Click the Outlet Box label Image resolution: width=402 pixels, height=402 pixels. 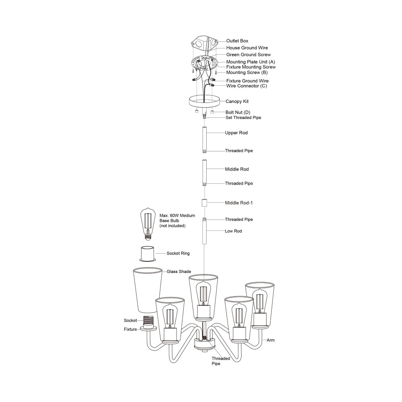[x=237, y=41]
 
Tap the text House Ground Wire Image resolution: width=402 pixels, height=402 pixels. [x=247, y=48]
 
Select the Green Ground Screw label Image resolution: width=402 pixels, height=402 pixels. [x=248, y=55]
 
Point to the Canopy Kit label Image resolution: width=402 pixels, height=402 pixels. [x=237, y=102]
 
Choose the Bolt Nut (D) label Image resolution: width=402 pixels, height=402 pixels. [x=238, y=112]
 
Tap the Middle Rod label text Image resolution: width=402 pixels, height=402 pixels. [x=237, y=169]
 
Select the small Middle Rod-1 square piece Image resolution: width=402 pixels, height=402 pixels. [x=204, y=203]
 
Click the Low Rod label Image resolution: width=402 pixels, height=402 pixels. [x=233, y=231]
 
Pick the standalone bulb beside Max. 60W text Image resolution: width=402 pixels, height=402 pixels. [x=148, y=224]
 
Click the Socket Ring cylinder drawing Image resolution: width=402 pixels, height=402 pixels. [x=148, y=254]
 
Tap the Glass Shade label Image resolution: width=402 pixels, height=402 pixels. [x=179, y=271]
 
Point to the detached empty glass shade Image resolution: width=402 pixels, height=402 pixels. [x=148, y=290]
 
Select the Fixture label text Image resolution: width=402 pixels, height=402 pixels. [x=130, y=330]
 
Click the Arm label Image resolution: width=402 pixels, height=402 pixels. [x=271, y=340]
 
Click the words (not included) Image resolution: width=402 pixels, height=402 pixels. [x=172, y=226]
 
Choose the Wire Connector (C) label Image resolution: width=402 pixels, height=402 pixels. [x=246, y=86]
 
